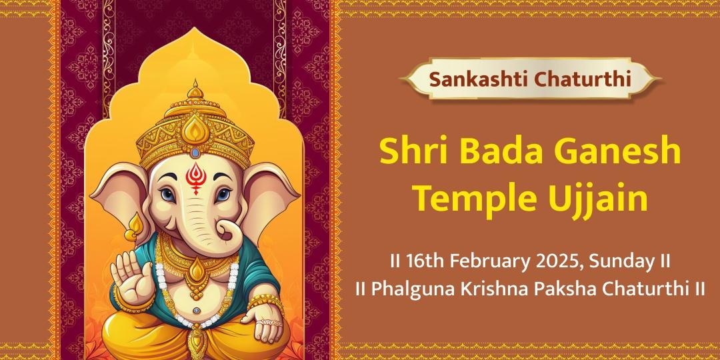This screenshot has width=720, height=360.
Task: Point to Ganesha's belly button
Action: click(197, 311)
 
